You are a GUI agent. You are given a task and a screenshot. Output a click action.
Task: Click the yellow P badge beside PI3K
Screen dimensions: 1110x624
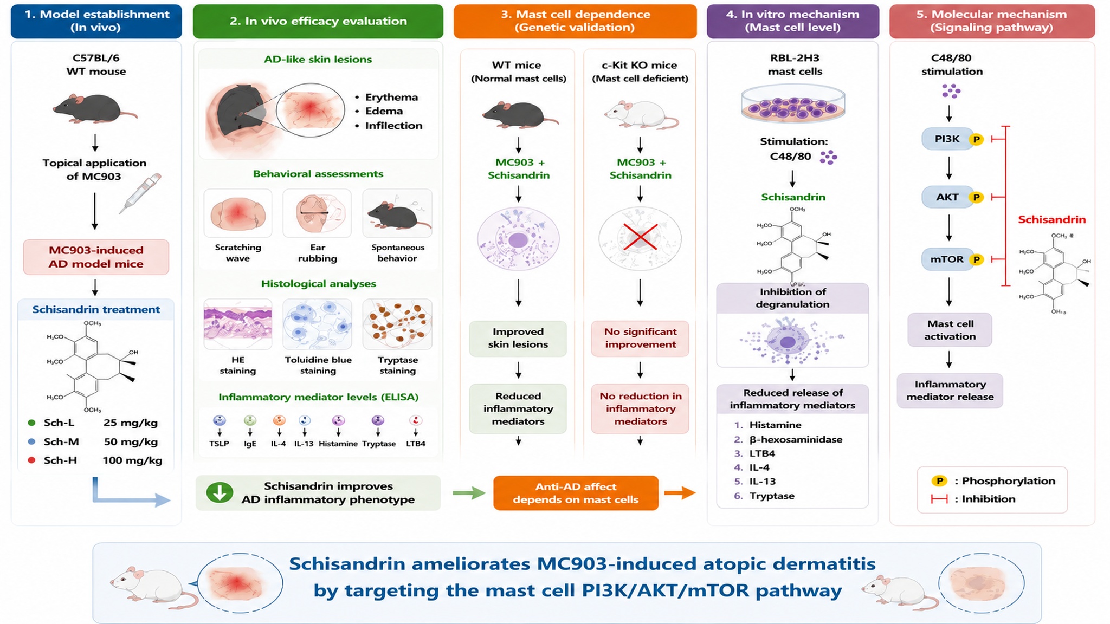click(976, 140)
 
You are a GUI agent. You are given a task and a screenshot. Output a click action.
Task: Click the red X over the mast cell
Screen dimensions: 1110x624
click(640, 237)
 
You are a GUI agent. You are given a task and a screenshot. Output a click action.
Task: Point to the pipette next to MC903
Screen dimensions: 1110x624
click(140, 193)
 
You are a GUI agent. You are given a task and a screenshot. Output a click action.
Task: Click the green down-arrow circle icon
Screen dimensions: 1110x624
click(220, 493)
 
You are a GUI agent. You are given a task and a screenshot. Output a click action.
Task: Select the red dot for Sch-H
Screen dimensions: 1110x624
click(31, 460)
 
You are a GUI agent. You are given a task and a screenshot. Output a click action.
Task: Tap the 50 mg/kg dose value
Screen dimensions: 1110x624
click(131, 442)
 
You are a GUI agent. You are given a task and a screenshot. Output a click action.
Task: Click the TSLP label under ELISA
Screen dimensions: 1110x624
click(219, 444)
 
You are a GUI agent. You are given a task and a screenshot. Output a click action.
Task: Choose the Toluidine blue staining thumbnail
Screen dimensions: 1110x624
click(318, 324)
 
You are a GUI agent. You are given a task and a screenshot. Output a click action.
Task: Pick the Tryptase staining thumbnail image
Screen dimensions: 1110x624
click(397, 324)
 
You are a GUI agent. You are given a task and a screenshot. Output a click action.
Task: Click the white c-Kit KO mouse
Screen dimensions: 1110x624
click(641, 114)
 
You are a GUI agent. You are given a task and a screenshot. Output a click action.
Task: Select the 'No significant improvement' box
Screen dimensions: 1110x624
click(640, 339)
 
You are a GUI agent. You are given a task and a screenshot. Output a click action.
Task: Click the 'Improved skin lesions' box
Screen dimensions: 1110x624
click(518, 339)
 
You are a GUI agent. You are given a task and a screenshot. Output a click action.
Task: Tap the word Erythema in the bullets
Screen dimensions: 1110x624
click(391, 97)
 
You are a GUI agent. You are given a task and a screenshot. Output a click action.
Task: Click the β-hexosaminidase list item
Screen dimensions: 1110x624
click(796, 439)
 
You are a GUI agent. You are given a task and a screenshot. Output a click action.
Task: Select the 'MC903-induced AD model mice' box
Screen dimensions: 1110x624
click(96, 257)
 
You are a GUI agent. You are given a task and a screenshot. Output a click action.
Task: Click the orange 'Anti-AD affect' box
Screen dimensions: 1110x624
click(576, 493)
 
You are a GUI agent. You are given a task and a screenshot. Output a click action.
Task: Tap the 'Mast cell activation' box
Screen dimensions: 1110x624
click(950, 330)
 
